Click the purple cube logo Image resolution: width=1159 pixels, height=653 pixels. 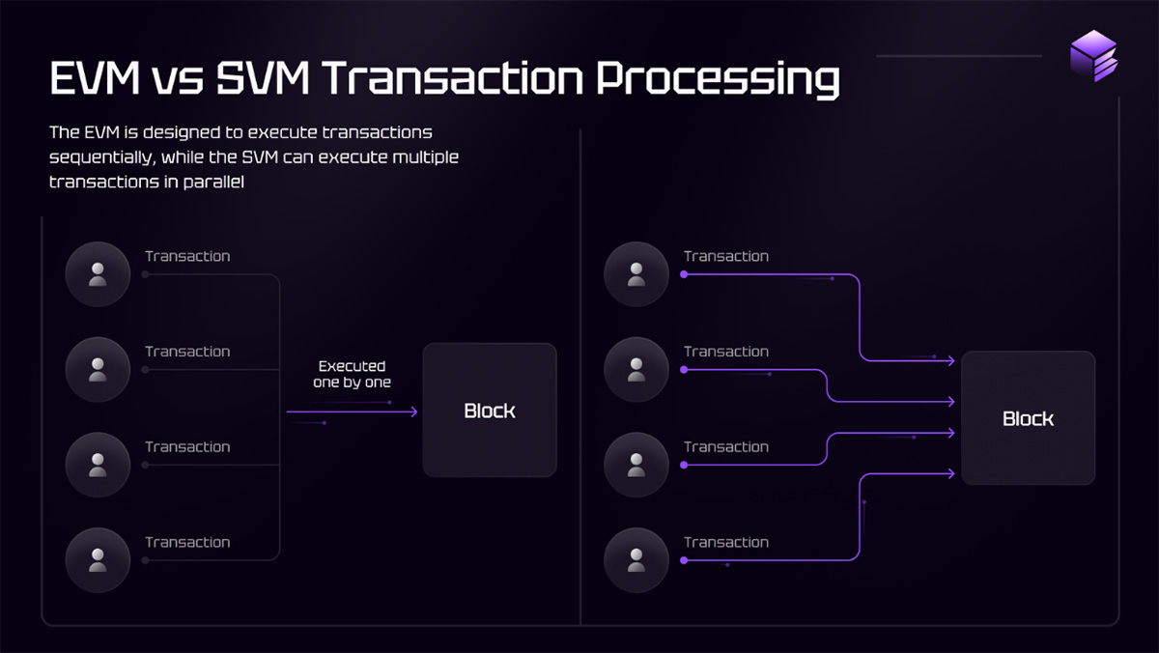point(1093,56)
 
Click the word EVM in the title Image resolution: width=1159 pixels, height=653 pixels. point(95,78)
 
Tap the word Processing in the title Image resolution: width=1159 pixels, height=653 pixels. point(718,80)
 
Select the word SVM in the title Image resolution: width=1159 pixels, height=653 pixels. point(263,78)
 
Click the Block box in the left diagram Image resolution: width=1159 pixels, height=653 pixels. point(490,410)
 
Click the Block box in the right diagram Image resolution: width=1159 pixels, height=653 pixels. point(1028,418)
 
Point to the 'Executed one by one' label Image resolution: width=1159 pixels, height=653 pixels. point(352,374)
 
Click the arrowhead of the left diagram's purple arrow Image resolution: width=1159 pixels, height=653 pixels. point(414,412)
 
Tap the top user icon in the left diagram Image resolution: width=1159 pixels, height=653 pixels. point(98,274)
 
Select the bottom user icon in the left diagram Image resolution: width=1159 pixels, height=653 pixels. point(98,560)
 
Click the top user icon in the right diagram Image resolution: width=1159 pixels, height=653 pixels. point(636,274)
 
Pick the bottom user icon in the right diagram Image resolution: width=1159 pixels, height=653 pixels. point(636,560)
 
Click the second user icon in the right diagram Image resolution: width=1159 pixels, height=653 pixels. point(636,369)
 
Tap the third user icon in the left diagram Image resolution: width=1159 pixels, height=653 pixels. point(98,465)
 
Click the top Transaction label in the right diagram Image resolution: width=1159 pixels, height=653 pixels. point(726,256)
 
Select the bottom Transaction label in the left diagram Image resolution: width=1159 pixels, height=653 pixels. point(187,542)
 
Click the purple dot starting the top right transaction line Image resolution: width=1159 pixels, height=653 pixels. point(684,274)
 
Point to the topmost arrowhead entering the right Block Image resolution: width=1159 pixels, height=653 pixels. point(951,360)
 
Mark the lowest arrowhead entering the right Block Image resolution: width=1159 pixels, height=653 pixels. point(951,473)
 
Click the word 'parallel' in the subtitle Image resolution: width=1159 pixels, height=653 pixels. point(213,183)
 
